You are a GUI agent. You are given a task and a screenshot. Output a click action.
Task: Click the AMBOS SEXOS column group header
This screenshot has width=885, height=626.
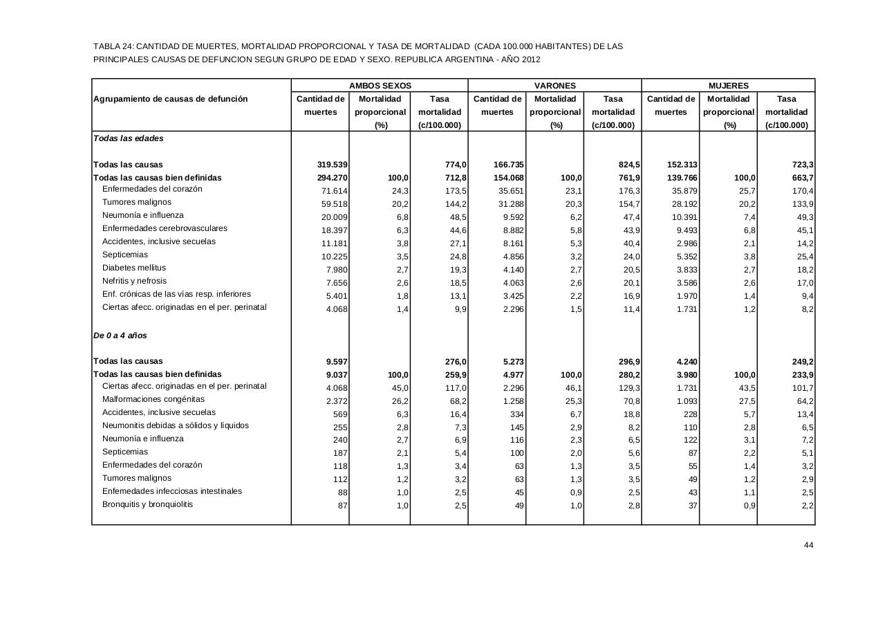click(x=380, y=86)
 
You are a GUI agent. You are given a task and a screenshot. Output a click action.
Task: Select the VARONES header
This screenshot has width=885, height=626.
click(x=555, y=86)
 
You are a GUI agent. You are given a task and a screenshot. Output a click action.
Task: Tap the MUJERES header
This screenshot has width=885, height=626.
click(x=728, y=86)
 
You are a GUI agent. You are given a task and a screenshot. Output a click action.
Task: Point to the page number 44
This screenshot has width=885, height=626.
click(x=808, y=546)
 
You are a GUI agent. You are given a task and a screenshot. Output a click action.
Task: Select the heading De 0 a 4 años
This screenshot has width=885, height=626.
click(x=120, y=335)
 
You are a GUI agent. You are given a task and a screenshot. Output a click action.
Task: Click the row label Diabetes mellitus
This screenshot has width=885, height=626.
click(x=134, y=268)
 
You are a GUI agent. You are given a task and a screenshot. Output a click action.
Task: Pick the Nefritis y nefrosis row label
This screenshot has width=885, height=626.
click(x=134, y=281)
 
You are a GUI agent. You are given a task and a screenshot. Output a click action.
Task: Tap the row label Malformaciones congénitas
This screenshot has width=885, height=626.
click(x=153, y=399)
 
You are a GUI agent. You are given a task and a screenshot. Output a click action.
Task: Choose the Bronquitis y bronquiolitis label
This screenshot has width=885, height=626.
click(x=148, y=504)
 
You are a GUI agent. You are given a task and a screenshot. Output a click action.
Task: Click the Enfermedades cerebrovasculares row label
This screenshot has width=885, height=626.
click(x=165, y=228)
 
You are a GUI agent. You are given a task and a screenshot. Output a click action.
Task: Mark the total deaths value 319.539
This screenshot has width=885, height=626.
click(x=332, y=165)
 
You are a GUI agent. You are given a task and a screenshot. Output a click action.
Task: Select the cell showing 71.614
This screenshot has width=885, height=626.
click(x=335, y=191)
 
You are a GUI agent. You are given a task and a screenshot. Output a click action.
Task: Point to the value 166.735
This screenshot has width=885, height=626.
click(x=509, y=165)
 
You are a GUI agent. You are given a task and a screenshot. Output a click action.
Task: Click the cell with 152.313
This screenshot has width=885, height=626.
click(x=682, y=165)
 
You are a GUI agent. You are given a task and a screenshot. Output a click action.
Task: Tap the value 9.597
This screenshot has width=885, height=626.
click(x=337, y=362)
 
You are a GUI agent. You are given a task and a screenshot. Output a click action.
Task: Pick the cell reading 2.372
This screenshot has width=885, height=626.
click(x=337, y=401)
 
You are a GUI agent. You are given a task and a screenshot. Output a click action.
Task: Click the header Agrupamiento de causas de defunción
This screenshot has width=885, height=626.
click(x=170, y=99)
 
